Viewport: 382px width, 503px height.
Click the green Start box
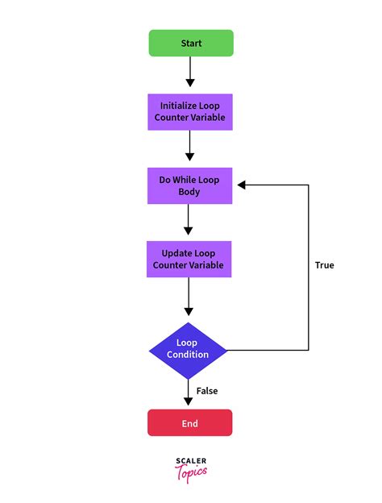point(191,43)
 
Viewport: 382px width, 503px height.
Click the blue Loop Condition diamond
point(188,349)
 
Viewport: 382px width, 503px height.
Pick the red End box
point(189,422)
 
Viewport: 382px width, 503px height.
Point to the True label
point(324,265)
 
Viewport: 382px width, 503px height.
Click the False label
point(207,391)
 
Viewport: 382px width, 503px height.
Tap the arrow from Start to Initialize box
point(191,72)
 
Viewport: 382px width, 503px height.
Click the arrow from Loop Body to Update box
point(188,218)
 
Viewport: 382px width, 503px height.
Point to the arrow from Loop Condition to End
point(188,393)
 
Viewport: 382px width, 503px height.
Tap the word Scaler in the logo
point(191,461)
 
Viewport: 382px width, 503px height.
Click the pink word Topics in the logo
point(191,472)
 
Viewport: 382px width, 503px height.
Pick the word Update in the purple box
point(177,253)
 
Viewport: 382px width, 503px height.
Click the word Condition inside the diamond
point(188,355)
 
